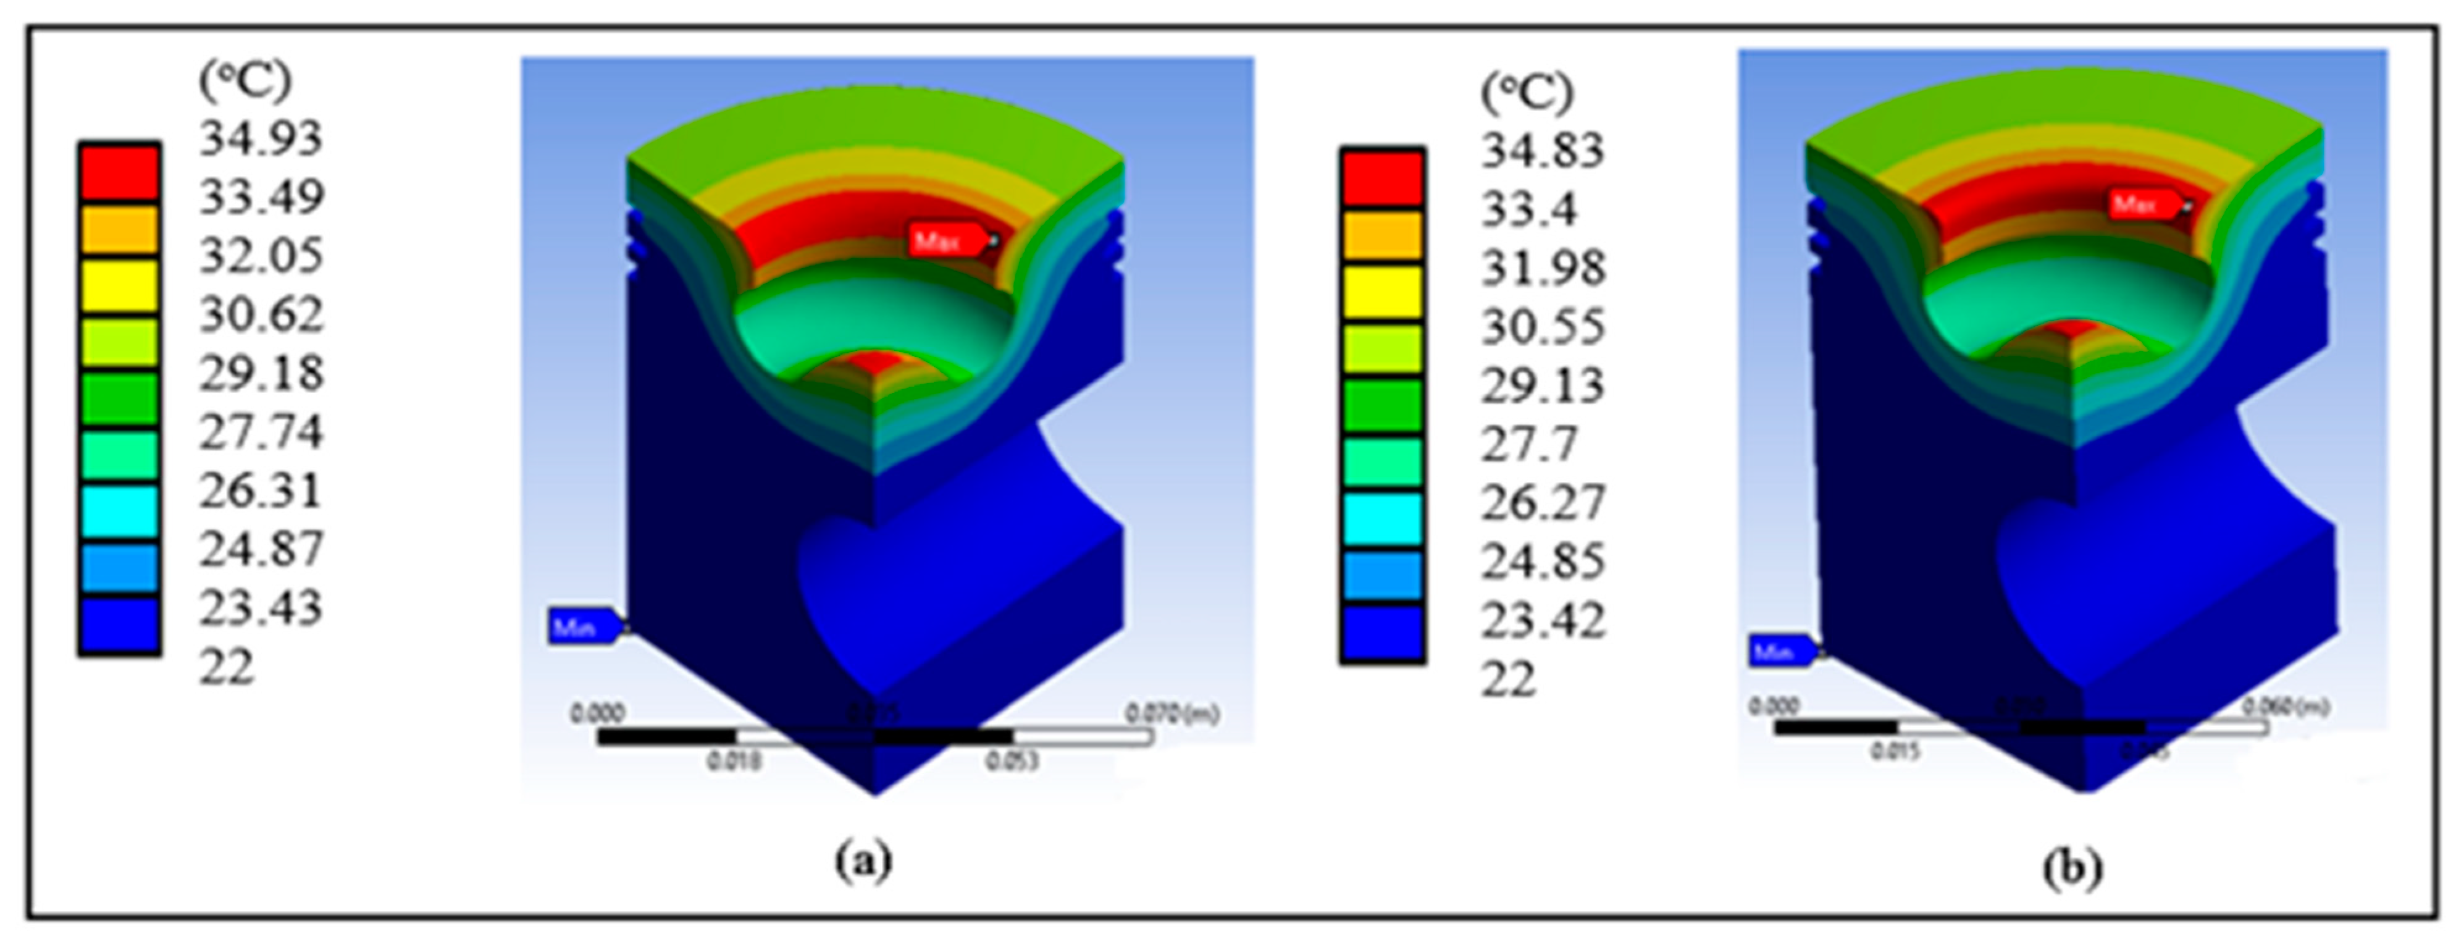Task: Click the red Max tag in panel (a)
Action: (x=945, y=240)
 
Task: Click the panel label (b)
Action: (x=2072, y=869)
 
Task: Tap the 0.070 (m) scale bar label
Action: (x=1171, y=713)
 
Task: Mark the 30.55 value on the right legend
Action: (x=1542, y=328)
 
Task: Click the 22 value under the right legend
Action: (x=1509, y=680)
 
